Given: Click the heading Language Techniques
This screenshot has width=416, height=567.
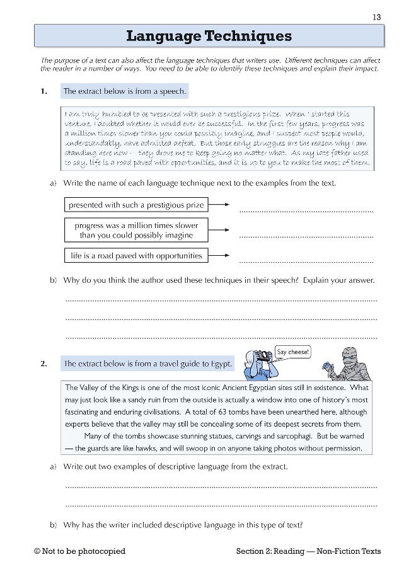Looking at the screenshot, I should point(209,36).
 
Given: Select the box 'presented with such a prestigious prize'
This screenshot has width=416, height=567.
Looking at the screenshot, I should point(136,205).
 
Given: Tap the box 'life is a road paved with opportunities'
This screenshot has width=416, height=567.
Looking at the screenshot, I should point(136,256).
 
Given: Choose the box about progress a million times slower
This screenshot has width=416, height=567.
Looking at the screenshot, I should point(136,230).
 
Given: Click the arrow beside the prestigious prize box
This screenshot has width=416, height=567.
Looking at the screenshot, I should point(219,205).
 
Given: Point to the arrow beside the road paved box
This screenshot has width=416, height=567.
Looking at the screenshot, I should point(219,256).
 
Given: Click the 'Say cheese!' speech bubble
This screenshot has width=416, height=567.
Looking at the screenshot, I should point(293,352).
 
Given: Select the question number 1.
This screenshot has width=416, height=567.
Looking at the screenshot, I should point(43,91).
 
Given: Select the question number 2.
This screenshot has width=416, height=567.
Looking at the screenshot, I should point(43,364).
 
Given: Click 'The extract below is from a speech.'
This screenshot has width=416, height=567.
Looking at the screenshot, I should point(124,91).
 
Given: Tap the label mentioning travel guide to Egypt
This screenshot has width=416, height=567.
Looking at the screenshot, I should point(147,364).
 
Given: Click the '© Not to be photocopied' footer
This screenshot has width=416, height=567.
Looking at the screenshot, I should point(80,551).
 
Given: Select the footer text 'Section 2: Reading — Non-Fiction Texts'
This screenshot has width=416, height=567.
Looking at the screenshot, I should point(308,551).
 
